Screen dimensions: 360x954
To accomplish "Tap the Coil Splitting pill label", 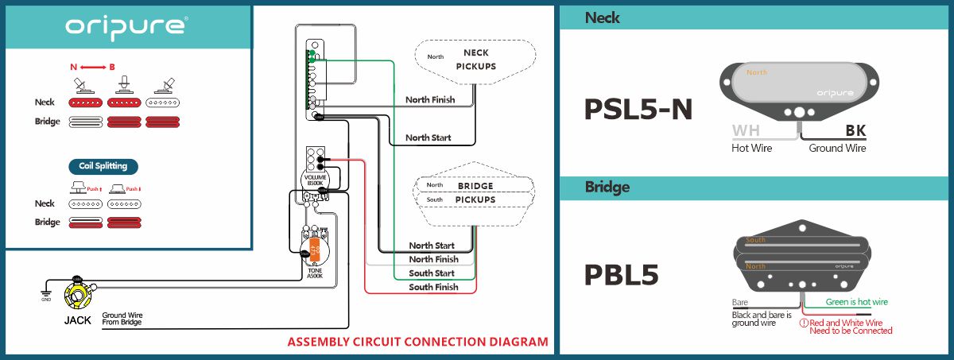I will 103,166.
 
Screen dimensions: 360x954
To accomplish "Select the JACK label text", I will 77,321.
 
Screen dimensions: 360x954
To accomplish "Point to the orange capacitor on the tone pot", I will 315,248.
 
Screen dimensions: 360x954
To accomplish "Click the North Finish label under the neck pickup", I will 430,99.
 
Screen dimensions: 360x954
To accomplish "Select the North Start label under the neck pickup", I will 428,137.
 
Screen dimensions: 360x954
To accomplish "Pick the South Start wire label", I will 432,273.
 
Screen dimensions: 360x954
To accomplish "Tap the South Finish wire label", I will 433,287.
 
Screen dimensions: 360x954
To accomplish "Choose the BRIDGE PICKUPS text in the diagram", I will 475,192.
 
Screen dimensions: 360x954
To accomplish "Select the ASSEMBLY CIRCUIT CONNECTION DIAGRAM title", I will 417,343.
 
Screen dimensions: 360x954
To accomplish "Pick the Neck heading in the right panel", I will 602,17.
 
